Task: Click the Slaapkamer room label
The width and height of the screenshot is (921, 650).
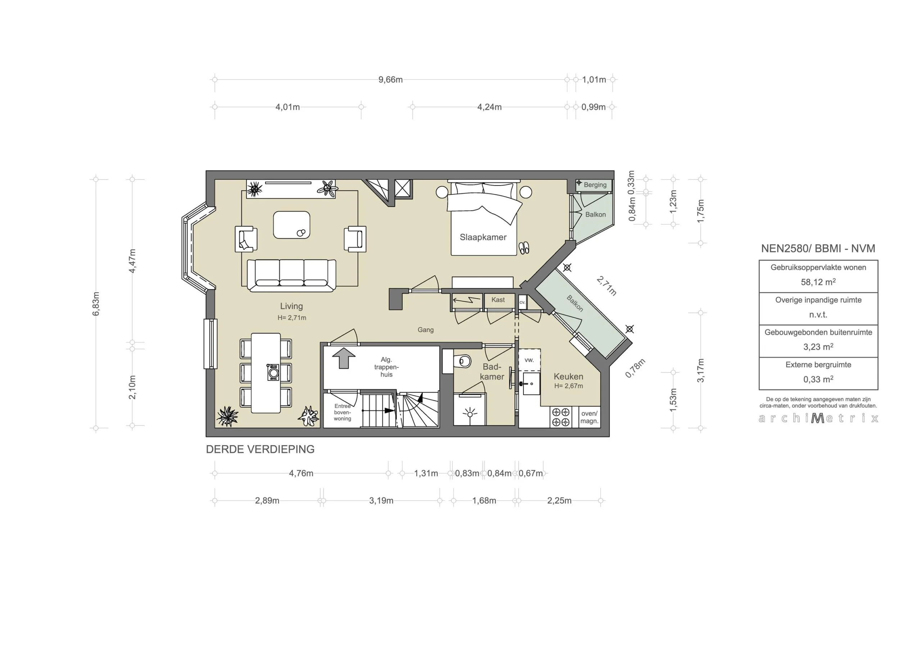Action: [483, 237]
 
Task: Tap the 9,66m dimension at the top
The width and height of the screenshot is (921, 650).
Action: [390, 80]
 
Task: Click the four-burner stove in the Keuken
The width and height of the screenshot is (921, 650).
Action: [561, 417]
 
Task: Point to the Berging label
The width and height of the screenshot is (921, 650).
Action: [595, 185]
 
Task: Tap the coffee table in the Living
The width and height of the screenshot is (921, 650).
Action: [292, 225]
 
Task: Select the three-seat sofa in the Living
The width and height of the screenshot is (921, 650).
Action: [292, 275]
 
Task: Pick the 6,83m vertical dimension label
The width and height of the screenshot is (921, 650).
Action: [96, 304]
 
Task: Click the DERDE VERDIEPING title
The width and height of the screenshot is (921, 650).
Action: [260, 449]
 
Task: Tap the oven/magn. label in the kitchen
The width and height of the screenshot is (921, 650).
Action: [589, 417]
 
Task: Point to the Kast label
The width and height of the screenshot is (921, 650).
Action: [498, 300]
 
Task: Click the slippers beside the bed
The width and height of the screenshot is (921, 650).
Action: [524, 248]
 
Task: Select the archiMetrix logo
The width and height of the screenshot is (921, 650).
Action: [818, 418]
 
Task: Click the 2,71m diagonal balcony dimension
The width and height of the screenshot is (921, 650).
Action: [606, 286]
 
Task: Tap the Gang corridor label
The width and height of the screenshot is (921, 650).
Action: [426, 330]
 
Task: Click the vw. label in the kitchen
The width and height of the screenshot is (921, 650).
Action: [529, 360]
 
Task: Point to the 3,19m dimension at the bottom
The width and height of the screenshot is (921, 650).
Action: [381, 501]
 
